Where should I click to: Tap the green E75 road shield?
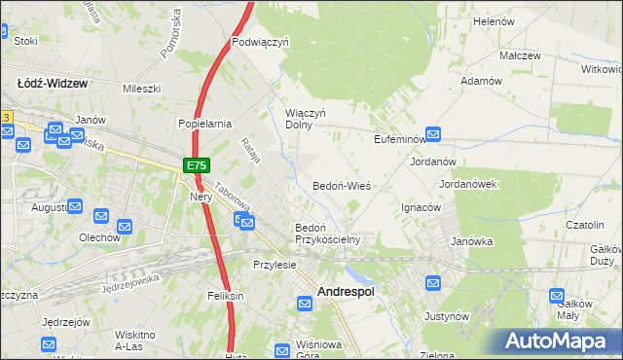coord(195,166)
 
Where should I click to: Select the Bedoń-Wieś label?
coord(341,185)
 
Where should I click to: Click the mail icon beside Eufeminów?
coord(433,136)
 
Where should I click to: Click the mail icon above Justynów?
coord(434,282)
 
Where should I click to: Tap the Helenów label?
coord(493,20)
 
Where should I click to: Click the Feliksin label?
coord(223,296)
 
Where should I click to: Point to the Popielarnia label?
coord(203,124)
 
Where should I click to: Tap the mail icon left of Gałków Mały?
coord(558,296)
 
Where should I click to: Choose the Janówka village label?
coord(471,241)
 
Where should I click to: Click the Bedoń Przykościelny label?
coord(327,234)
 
